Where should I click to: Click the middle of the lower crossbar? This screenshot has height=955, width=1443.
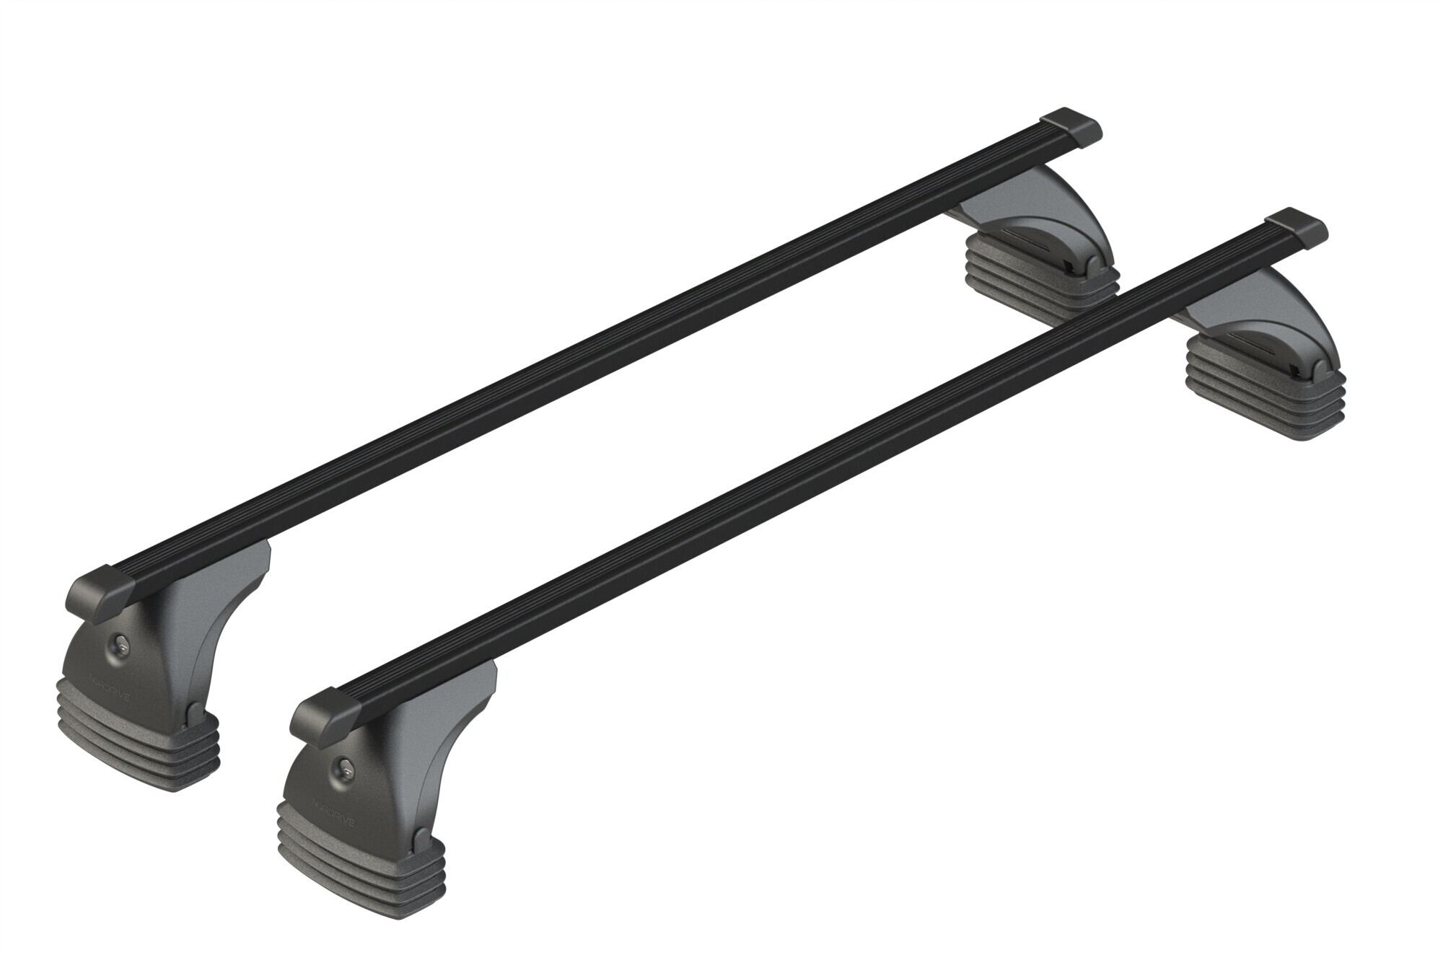808,469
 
